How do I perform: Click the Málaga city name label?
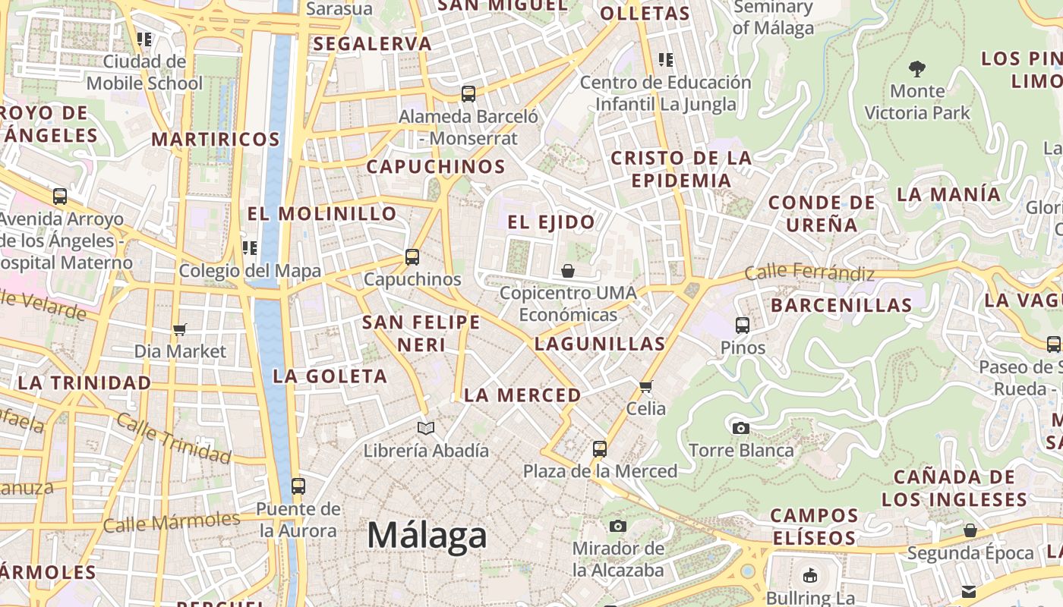(427, 536)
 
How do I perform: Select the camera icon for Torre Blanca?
(741, 428)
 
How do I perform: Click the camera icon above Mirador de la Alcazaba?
(618, 526)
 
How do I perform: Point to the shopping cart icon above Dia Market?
(180, 329)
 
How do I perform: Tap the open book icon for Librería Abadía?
(426, 429)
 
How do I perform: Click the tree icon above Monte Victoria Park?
(917, 69)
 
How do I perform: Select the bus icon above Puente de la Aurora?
(298, 486)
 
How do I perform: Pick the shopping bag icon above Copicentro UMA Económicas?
(567, 271)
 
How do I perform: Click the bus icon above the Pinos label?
(743, 326)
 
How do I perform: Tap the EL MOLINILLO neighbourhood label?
(322, 214)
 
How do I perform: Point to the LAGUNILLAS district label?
(600, 344)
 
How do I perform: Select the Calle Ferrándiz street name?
(809, 272)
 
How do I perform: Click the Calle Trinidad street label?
(174, 439)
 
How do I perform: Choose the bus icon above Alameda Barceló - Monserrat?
(468, 94)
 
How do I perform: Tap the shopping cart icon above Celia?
(646, 386)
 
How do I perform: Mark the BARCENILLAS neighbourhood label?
(841, 306)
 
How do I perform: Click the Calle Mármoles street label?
(172, 522)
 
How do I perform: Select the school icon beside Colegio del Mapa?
(250, 248)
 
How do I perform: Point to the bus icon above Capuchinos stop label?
(412, 257)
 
